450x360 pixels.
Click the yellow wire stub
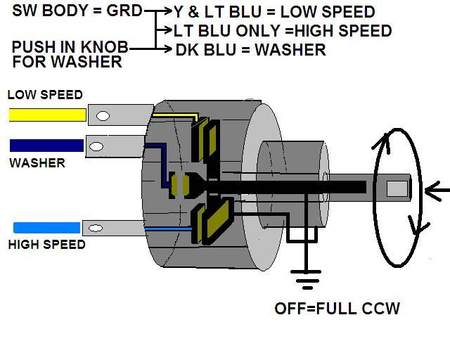pos(46,115)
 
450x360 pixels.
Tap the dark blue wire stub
pos(46,146)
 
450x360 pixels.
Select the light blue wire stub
pos(46,227)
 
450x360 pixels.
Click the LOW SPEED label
pos(44,95)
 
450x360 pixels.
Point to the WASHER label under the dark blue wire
pos(37,163)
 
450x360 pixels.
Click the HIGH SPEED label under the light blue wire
pos(48,245)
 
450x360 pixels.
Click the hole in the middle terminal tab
pos(98,146)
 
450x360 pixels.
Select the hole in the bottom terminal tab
pos(96,227)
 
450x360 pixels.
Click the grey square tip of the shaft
pos(397,188)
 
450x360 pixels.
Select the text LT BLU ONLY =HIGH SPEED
pos(284,31)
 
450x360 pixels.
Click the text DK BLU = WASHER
pos(250,50)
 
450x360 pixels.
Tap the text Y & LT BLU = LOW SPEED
pos(275,12)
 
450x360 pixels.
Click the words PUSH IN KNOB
pos(70,48)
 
